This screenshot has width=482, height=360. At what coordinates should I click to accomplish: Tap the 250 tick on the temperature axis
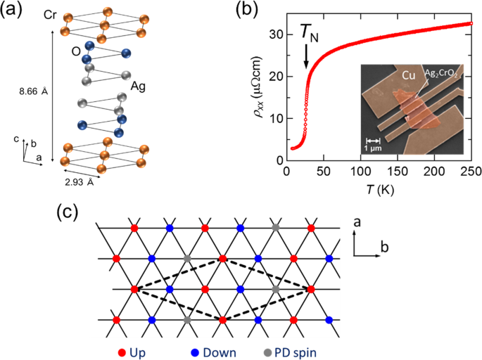tap(472, 171)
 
